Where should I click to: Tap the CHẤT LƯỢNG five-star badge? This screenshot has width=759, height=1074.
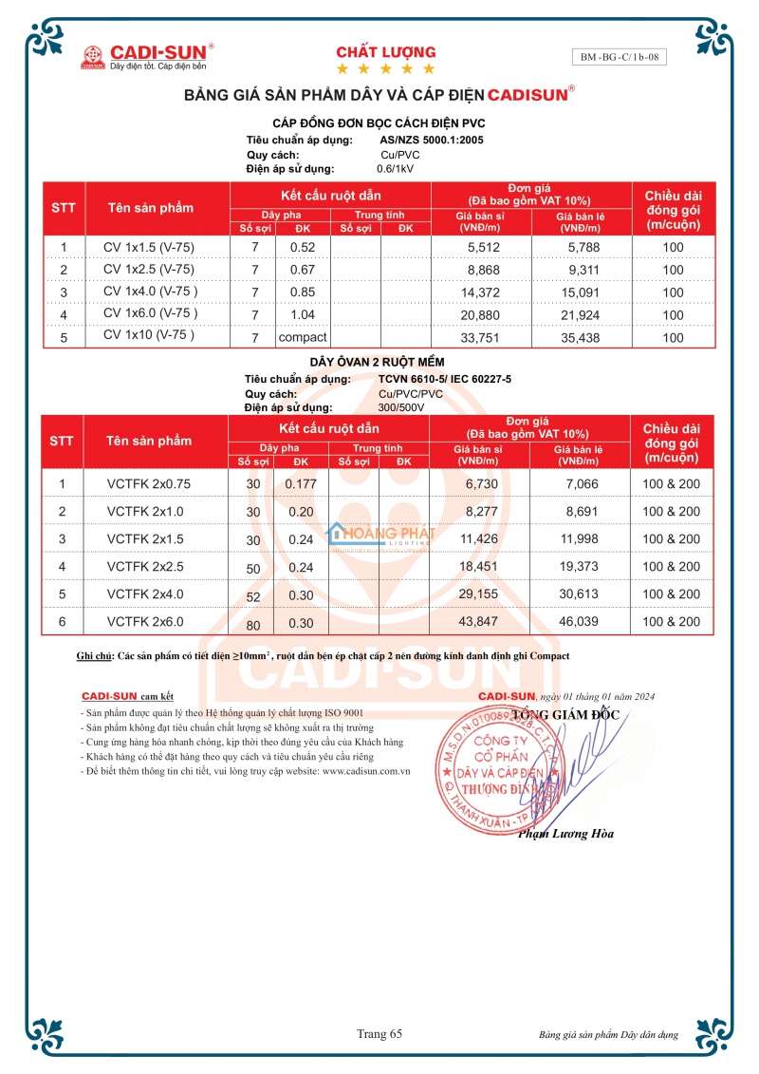click(x=386, y=59)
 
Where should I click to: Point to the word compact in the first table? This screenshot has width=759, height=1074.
click(x=303, y=337)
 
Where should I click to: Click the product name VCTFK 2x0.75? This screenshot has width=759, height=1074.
click(x=149, y=483)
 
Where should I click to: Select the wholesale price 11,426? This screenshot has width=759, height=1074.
click(x=479, y=538)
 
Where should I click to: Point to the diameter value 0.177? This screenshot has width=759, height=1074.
click(x=301, y=483)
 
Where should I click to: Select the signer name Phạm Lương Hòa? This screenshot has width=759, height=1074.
click(x=565, y=834)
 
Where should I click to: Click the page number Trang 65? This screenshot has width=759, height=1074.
click(x=379, y=1033)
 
